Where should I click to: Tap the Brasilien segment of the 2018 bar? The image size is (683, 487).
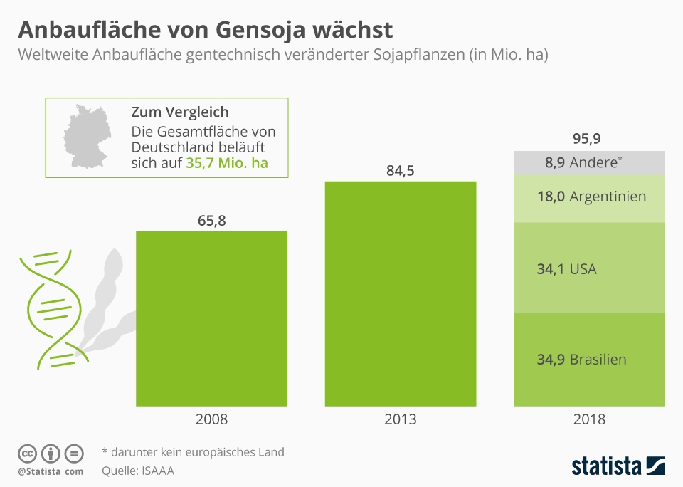(589, 360)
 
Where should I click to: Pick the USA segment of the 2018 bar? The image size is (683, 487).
(589, 269)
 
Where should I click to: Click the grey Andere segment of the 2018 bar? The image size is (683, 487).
(589, 163)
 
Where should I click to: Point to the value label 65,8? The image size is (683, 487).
(211, 220)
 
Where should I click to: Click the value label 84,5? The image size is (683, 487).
(401, 171)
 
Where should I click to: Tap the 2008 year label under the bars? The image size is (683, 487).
(211, 419)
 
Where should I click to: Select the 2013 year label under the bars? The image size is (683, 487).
(401, 419)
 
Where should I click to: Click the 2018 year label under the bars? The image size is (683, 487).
(589, 419)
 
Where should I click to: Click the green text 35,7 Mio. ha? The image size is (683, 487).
(227, 163)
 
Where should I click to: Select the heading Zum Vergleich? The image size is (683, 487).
(179, 112)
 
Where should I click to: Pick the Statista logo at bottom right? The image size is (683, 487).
(618, 466)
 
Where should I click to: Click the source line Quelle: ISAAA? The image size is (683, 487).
(138, 471)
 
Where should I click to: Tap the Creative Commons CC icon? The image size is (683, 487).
(27, 454)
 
